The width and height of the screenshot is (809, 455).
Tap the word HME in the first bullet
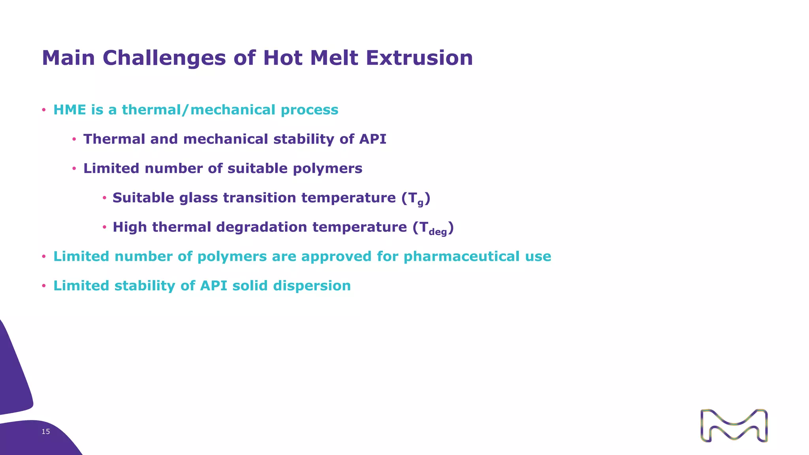(70, 110)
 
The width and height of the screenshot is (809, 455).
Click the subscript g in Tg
(420, 203)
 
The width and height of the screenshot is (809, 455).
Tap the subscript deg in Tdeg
(438, 232)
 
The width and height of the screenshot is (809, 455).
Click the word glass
(199, 198)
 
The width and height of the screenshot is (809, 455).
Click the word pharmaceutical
(461, 256)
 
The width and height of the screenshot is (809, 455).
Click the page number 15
(46, 432)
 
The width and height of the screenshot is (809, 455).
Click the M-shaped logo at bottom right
(734, 425)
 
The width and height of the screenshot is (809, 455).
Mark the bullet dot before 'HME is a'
(44, 110)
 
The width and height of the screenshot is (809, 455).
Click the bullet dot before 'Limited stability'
(44, 286)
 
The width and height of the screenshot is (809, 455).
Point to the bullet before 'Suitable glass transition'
(104, 198)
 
